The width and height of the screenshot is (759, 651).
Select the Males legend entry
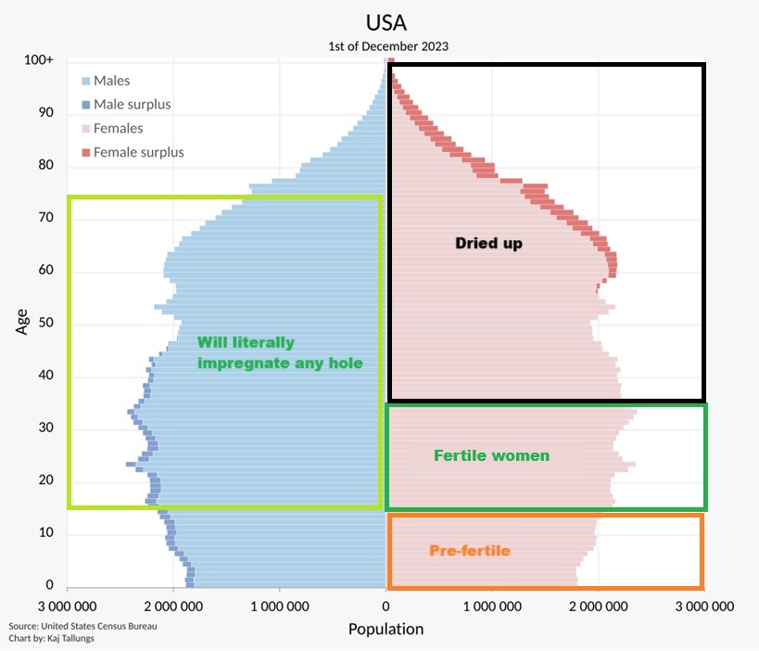click(x=111, y=82)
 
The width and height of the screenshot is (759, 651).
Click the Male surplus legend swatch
click(x=86, y=105)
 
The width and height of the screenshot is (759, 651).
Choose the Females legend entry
click(x=118, y=129)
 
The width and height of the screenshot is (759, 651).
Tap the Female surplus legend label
click(x=138, y=152)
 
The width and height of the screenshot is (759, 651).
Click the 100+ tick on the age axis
click(x=39, y=60)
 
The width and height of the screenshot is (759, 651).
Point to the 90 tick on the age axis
click(x=45, y=113)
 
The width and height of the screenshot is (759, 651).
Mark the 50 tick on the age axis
click(x=45, y=324)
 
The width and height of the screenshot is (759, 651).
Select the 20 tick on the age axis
click(x=45, y=480)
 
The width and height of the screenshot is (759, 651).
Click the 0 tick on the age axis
click(x=50, y=585)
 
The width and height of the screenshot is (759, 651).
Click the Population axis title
click(x=386, y=629)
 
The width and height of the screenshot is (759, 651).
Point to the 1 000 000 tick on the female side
click(x=492, y=607)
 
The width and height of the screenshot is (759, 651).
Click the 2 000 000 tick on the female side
click(x=598, y=607)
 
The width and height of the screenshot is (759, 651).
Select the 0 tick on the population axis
click(x=386, y=607)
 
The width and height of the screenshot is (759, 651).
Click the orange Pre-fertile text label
click(x=470, y=551)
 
